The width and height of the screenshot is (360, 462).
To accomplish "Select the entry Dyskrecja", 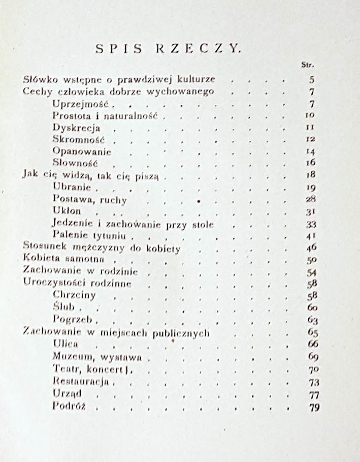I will [x=76, y=128].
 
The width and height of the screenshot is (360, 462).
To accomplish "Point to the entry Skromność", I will [x=78, y=139].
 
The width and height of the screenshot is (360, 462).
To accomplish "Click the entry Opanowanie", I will [x=82, y=151].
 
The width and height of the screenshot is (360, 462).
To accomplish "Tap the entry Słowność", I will [x=75, y=163].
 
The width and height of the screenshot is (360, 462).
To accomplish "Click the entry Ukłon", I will [x=67, y=211].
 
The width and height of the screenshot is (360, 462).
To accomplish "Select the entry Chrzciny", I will [x=74, y=295].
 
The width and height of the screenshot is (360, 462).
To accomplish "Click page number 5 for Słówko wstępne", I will [x=311, y=79].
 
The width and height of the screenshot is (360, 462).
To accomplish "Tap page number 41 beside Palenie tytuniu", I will [x=311, y=236].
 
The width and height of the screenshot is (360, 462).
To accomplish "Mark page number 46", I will [x=311, y=248].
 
